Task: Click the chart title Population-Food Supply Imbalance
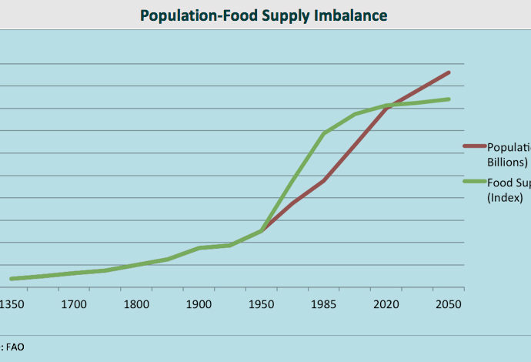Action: pyautogui.click(x=264, y=15)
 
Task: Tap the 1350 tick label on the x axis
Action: pyautogui.click(x=13, y=304)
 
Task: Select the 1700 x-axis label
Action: pyautogui.click(x=74, y=304)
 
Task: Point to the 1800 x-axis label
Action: pyautogui.click(x=137, y=304)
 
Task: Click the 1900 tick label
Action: pyautogui.click(x=199, y=304)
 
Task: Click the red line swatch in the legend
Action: pyautogui.click(x=473, y=145)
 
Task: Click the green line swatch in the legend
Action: pyautogui.click(x=473, y=182)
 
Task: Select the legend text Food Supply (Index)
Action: pyautogui.click(x=509, y=189)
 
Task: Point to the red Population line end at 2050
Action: pyautogui.click(x=449, y=72)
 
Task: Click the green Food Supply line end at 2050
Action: pyautogui.click(x=449, y=99)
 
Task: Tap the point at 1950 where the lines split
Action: pyautogui.click(x=262, y=230)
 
